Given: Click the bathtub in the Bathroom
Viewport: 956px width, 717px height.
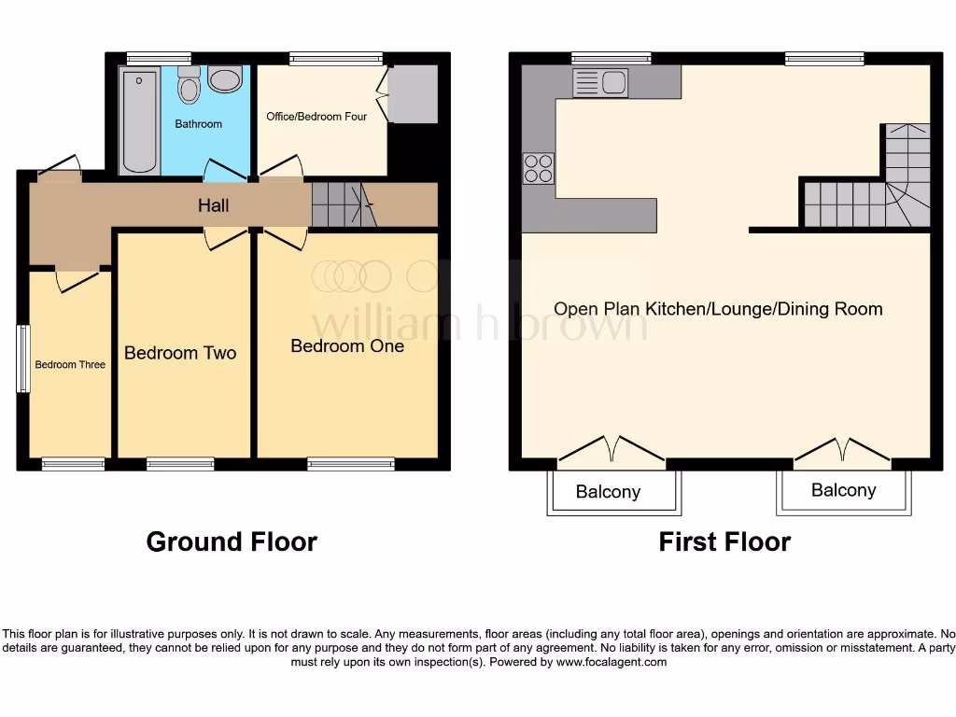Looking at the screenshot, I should (140, 119).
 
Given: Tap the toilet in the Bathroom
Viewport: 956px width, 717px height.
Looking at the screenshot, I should (190, 86).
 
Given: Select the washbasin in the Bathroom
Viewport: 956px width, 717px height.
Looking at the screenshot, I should (225, 78).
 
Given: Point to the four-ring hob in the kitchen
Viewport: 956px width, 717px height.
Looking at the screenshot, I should (538, 168).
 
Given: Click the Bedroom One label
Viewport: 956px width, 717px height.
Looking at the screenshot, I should (347, 346).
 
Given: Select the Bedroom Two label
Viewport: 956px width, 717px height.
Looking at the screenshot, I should (180, 353).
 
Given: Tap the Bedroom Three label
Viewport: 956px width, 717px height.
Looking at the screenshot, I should (70, 364).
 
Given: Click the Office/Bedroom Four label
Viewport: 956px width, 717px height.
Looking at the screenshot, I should (316, 117).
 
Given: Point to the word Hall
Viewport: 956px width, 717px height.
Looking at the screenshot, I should (214, 205).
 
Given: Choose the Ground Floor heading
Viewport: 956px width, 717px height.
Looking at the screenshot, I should (232, 541).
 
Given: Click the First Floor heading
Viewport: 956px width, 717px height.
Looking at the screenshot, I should (724, 541).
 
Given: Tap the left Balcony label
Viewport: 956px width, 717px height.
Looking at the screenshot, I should (608, 492).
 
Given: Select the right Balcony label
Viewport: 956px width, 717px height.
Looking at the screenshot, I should (844, 490).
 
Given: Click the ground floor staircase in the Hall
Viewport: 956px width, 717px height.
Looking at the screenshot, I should (341, 204).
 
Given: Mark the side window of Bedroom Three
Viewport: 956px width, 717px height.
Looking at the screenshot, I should (23, 358).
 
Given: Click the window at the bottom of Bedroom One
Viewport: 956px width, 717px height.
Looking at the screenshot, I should (351, 463).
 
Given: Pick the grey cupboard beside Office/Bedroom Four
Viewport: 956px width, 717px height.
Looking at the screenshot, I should (413, 94).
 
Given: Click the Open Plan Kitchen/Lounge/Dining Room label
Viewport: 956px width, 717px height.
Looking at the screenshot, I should (718, 309).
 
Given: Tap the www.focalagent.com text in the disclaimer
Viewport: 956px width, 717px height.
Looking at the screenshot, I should (612, 662).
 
